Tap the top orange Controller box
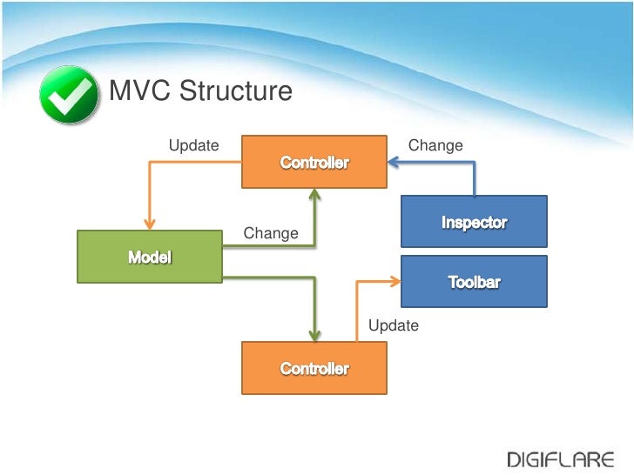pos(314,162)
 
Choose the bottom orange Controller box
pos(314,368)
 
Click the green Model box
pos(150,257)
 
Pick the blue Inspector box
pos(474,222)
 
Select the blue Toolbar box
pos(474,281)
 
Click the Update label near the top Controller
pos(193,145)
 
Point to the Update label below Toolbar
pos(394,325)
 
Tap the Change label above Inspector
pos(435,145)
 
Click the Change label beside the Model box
pos(271,233)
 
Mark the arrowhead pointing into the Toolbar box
pos(395,280)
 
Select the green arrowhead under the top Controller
pos(314,194)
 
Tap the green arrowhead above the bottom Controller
pos(314,336)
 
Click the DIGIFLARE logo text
pos(562,458)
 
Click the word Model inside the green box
pos(150,257)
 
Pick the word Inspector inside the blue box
pos(474,222)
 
